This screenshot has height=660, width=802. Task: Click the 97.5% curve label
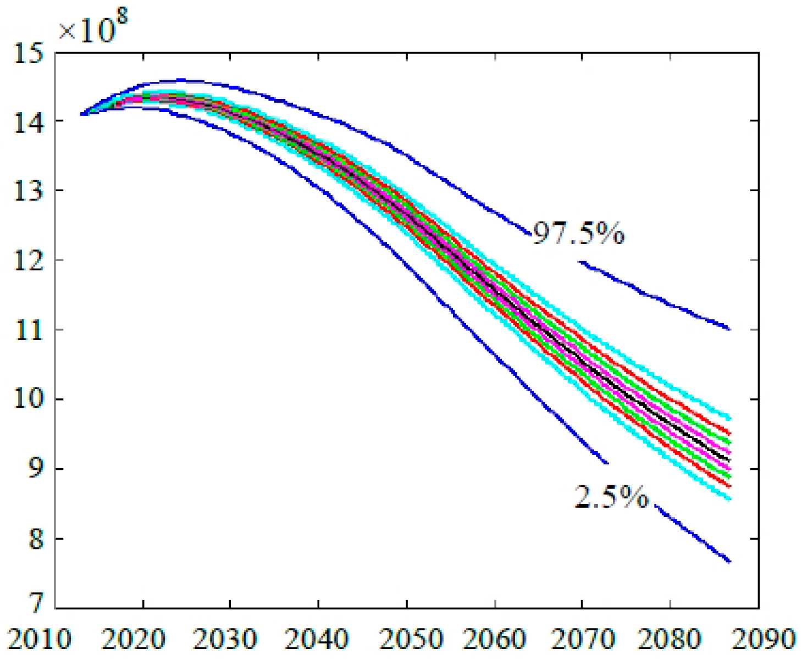tap(578, 234)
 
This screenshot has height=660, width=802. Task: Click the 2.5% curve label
tap(611, 496)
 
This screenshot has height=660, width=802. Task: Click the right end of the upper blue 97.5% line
tap(729, 329)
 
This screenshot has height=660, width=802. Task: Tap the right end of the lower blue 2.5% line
tap(729, 562)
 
